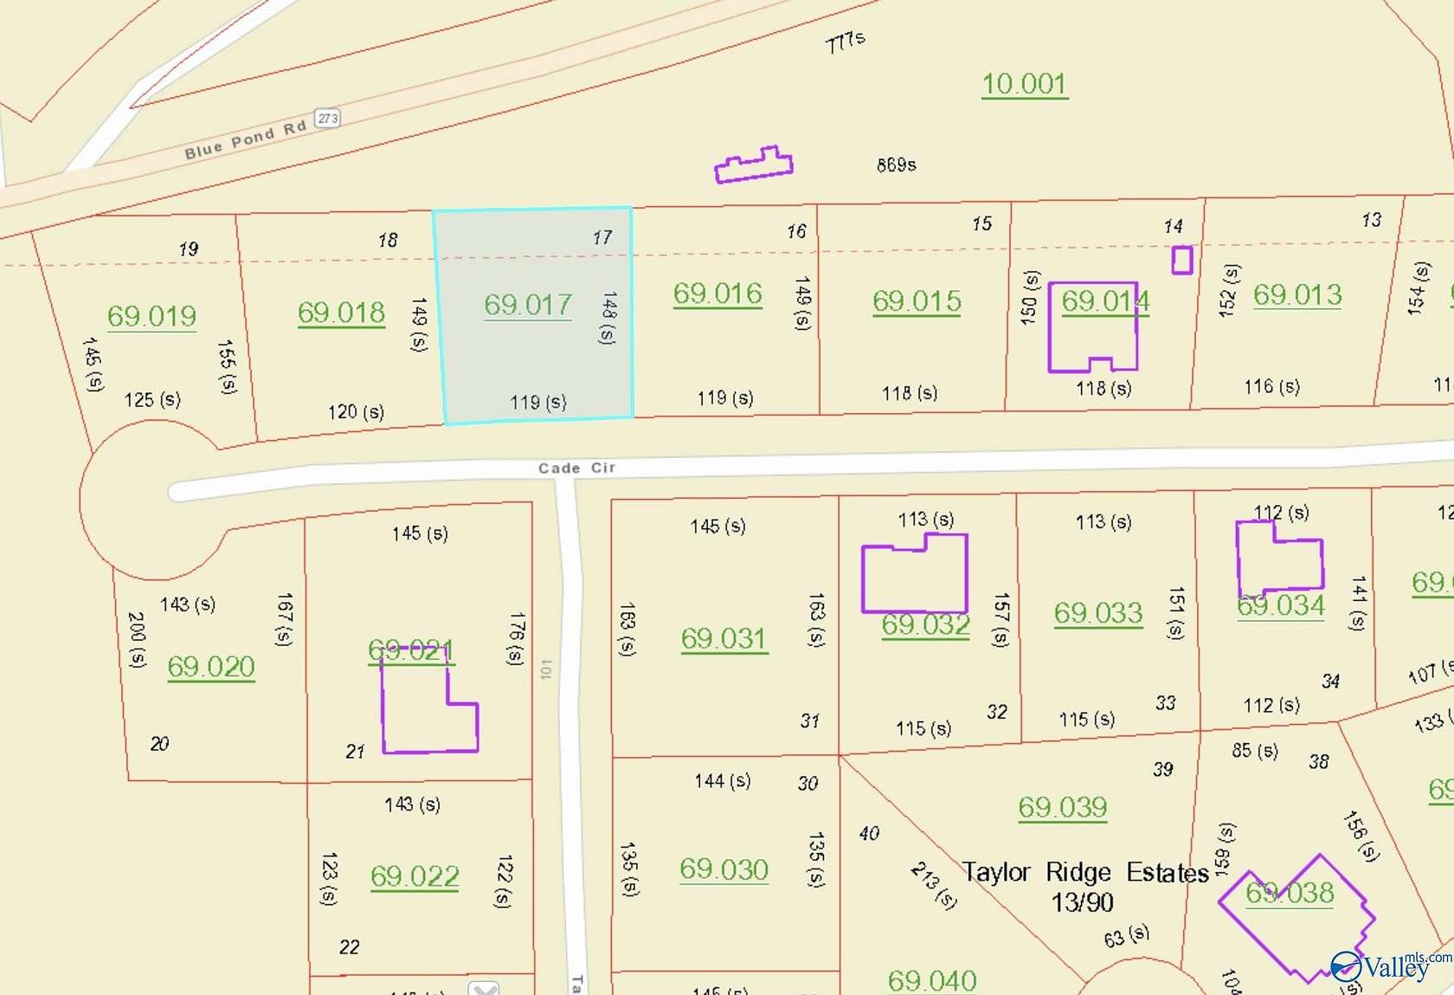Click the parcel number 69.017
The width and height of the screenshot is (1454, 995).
[x=528, y=305]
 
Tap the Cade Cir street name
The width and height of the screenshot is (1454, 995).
[x=576, y=468]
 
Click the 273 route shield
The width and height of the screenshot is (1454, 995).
[x=327, y=118]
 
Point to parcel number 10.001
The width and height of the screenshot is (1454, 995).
[x=1024, y=84]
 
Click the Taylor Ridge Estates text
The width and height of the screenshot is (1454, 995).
[x=1085, y=872]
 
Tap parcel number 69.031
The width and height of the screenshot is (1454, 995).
[x=724, y=639]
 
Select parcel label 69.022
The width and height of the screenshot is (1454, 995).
[x=415, y=876]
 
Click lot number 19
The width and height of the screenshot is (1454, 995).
[x=189, y=249]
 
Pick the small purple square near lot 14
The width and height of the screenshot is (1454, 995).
[x=1181, y=260]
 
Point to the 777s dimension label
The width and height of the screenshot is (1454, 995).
[x=846, y=42]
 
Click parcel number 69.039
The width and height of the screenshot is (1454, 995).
[x=1063, y=807]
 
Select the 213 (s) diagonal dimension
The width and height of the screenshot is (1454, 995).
[x=934, y=885]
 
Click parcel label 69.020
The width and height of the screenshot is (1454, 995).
[x=211, y=667]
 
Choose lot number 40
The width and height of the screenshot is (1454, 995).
[x=869, y=833]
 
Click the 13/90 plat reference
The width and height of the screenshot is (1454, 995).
[x=1082, y=902]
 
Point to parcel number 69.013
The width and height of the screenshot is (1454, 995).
[x=1297, y=295]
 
